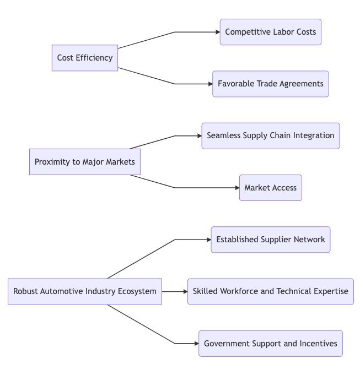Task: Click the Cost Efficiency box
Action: pyautogui.click(x=85, y=58)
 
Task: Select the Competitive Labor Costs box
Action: pyautogui.click(x=270, y=32)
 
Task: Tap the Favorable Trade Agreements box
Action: pyautogui.click(x=270, y=84)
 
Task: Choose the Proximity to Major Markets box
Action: pyautogui.click(x=84, y=162)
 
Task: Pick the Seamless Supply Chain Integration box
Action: pyautogui.click(x=270, y=135)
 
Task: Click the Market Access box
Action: pyautogui.click(x=270, y=188)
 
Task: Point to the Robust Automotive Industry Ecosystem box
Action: pyautogui.click(x=85, y=291)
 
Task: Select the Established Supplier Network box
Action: pyautogui.click(x=270, y=240)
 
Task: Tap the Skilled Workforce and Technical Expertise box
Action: pyautogui.click(x=270, y=291)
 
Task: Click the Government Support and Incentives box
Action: pyautogui.click(x=270, y=344)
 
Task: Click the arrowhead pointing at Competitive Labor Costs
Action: pyautogui.click(x=217, y=32)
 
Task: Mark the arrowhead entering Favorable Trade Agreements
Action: pyautogui.click(x=209, y=84)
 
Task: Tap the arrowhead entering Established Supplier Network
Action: pyautogui.click(x=208, y=240)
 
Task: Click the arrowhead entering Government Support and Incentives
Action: pyautogui.click(x=196, y=344)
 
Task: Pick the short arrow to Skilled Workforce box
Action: pyautogui.click(x=175, y=291)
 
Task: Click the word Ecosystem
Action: pyautogui.click(x=137, y=291)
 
